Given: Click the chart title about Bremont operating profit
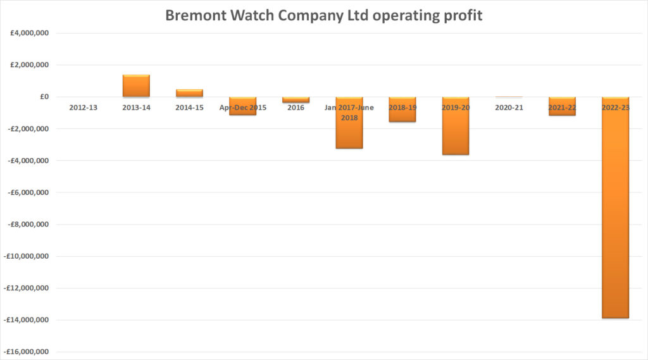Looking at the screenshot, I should tap(323, 15).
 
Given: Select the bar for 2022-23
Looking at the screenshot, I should tap(615, 209).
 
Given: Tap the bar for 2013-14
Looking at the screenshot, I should tap(136, 86).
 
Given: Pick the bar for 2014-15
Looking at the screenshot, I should tap(189, 93).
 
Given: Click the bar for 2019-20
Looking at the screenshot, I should tap(456, 127).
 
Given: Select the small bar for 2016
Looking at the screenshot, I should tap(296, 100).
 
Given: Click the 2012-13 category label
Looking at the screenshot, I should tap(83, 108).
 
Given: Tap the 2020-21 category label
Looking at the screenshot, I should tap(509, 108).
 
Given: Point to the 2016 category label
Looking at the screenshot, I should tap(296, 108).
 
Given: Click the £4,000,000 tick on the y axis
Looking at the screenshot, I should tap(29, 33).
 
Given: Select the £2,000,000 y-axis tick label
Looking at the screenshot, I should tap(29, 65).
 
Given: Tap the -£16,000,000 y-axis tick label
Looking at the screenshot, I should tap(28, 352).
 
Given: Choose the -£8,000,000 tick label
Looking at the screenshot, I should tap(29, 224).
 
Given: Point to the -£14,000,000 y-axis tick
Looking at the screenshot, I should tap(28, 320).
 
